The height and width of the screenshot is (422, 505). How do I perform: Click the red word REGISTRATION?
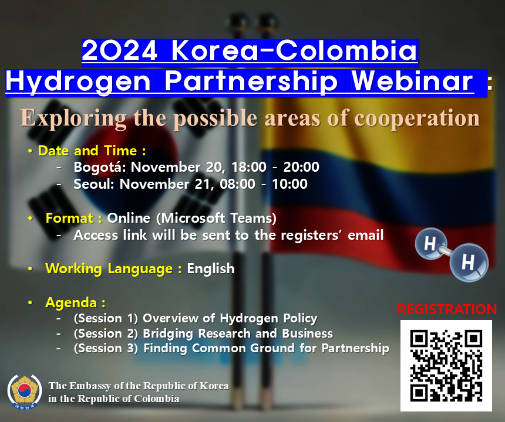pyautogui.click(x=447, y=309)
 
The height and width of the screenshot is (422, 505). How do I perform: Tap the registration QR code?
pyautogui.click(x=446, y=366)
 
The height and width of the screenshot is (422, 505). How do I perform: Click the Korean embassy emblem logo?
pyautogui.click(x=25, y=392)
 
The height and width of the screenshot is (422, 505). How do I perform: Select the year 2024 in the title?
pyautogui.click(x=119, y=50)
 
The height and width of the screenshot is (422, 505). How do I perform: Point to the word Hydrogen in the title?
pyautogui.click(x=78, y=83)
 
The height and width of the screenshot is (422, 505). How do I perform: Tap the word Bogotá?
pyautogui.click(x=99, y=167)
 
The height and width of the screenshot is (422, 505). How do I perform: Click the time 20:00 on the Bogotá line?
pyautogui.click(x=301, y=167)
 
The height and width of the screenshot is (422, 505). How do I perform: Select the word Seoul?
pyautogui.click(x=94, y=184)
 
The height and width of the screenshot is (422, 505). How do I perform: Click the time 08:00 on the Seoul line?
pyautogui.click(x=237, y=184)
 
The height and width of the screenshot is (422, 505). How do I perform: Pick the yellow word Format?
pyautogui.click(x=69, y=218)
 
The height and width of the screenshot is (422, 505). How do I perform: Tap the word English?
pyautogui.click(x=211, y=268)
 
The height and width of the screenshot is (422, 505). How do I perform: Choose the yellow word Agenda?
pyautogui.click(x=71, y=303)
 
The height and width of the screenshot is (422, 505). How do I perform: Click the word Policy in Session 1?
pyautogui.click(x=300, y=318)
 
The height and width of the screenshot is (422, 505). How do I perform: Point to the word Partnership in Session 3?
pyautogui.click(x=355, y=348)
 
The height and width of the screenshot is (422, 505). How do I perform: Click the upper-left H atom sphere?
pyautogui.click(x=430, y=243)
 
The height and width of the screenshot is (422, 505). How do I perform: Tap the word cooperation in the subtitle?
pyautogui.click(x=417, y=118)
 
